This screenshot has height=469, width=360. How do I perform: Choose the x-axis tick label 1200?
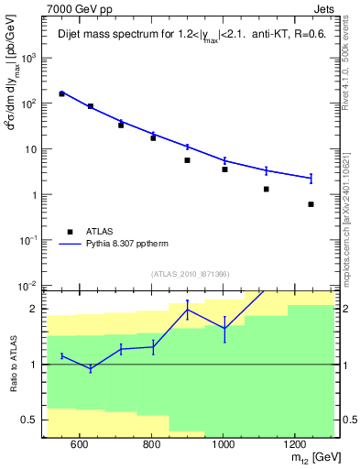click(294, 444)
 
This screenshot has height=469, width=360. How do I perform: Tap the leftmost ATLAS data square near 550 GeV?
click(62, 93)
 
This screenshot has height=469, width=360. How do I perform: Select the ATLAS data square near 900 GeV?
click(187, 160)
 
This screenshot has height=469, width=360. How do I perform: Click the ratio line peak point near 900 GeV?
click(187, 310)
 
